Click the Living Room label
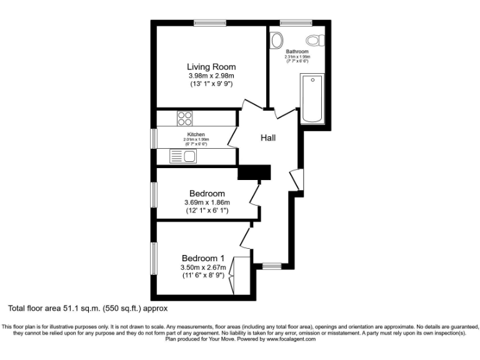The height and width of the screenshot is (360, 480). pyautogui.click(x=211, y=67)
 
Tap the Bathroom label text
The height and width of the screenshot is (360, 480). pyautogui.click(x=297, y=51)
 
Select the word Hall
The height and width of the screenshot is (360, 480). pyautogui.click(x=268, y=138)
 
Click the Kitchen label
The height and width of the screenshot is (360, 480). pyautogui.click(x=196, y=134)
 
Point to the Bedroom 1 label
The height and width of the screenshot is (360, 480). pyautogui.click(x=202, y=258)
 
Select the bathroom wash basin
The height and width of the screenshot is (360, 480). pyautogui.click(x=277, y=41)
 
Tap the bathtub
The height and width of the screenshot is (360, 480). pyautogui.click(x=312, y=98)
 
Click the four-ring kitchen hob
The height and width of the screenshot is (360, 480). pyautogui.click(x=185, y=118)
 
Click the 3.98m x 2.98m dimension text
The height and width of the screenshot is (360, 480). pyautogui.click(x=211, y=77)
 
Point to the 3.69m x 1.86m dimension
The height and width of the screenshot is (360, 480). pyautogui.click(x=207, y=202)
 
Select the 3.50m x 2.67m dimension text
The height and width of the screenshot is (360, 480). pyautogui.click(x=203, y=267)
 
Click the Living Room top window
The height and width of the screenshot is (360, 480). pyautogui.click(x=209, y=23)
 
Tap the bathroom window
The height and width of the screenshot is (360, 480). pyautogui.click(x=291, y=23)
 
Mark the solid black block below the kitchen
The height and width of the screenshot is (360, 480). pyautogui.click(x=254, y=172)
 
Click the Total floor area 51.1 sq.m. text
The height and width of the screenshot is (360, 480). pyautogui.click(x=88, y=308)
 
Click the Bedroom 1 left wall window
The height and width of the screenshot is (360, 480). pyautogui.click(x=153, y=258)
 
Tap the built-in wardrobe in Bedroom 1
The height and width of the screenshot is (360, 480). pyautogui.click(x=231, y=276)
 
